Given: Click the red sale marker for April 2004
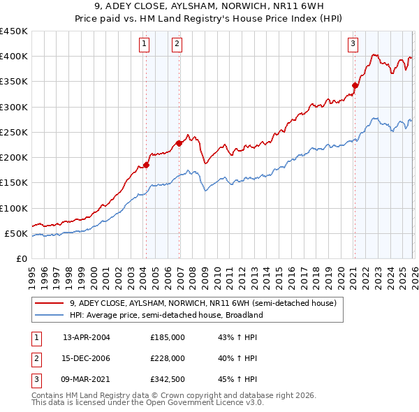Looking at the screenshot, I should point(146,165).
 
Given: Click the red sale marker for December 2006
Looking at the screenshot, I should point(179,143).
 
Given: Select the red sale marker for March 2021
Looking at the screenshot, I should point(355,85).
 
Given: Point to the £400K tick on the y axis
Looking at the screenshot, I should point(13,57).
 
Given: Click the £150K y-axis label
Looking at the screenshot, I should point(13,183).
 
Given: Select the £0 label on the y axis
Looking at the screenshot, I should point(21,258).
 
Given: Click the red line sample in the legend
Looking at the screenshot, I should point(50,303).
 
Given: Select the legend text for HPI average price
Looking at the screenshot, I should point(166,315).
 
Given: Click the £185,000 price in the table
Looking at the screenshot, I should point(168,337).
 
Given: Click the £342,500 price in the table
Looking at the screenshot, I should point(168,379).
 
